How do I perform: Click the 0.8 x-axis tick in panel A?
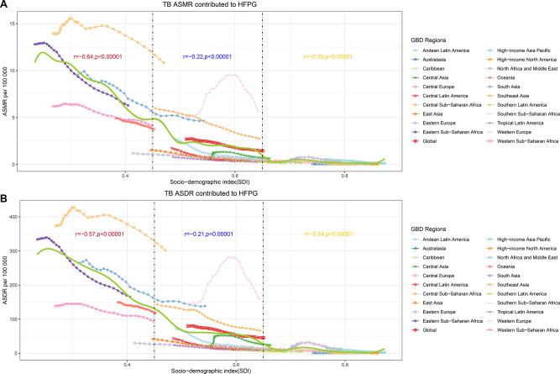pyautogui.click(x=345, y=174)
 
